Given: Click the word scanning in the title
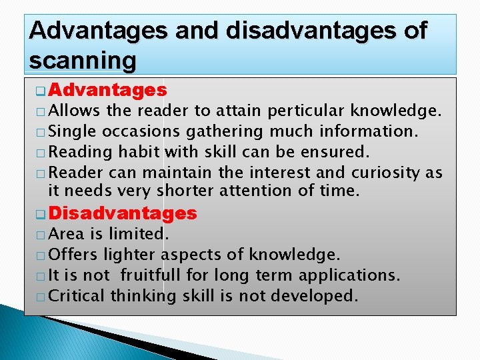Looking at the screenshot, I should click(x=83, y=61).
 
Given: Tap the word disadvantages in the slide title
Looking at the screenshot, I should click(x=275, y=31).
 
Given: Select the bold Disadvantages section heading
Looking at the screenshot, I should click(x=123, y=213).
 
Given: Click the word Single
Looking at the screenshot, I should click(x=73, y=131).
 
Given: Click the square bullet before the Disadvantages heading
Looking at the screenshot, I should click(x=40, y=214).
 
